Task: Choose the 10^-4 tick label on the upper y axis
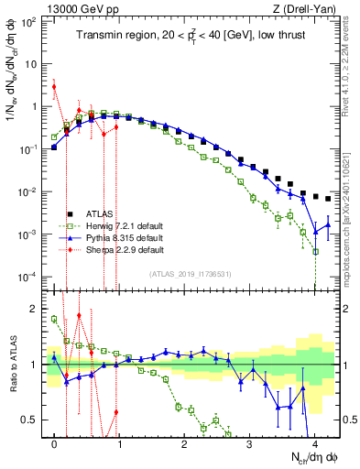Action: (x=28, y=277)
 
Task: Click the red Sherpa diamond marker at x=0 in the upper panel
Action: (x=55, y=87)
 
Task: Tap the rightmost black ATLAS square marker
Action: (x=328, y=198)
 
